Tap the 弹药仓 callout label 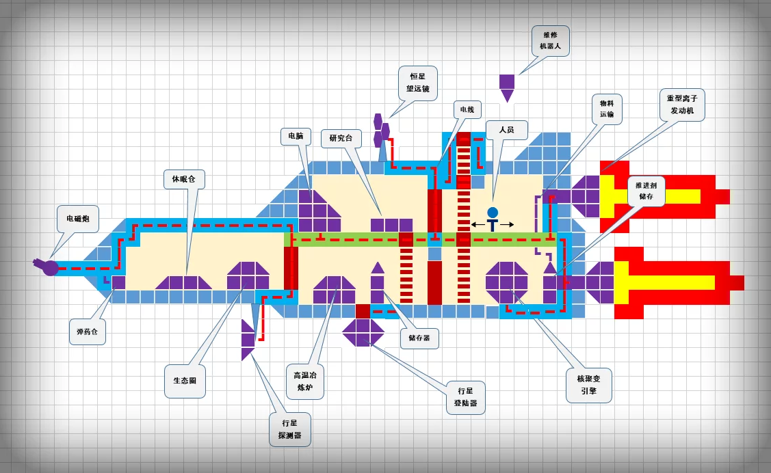pos(88,331)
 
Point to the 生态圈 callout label pos(185,381)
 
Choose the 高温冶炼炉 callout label pos(305,381)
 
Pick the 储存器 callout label pos(419,338)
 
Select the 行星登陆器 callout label pos(465,396)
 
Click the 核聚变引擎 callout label pos(589,385)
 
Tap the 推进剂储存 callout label pos(646,191)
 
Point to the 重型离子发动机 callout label pos(682,105)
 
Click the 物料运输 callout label pos(607,109)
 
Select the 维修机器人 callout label pos(551,41)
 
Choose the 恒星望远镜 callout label pos(418,83)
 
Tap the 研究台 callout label pos(341,138)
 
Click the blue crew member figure pos(493,219)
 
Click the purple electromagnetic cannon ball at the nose pos(51,267)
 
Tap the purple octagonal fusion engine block pos(507,282)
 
